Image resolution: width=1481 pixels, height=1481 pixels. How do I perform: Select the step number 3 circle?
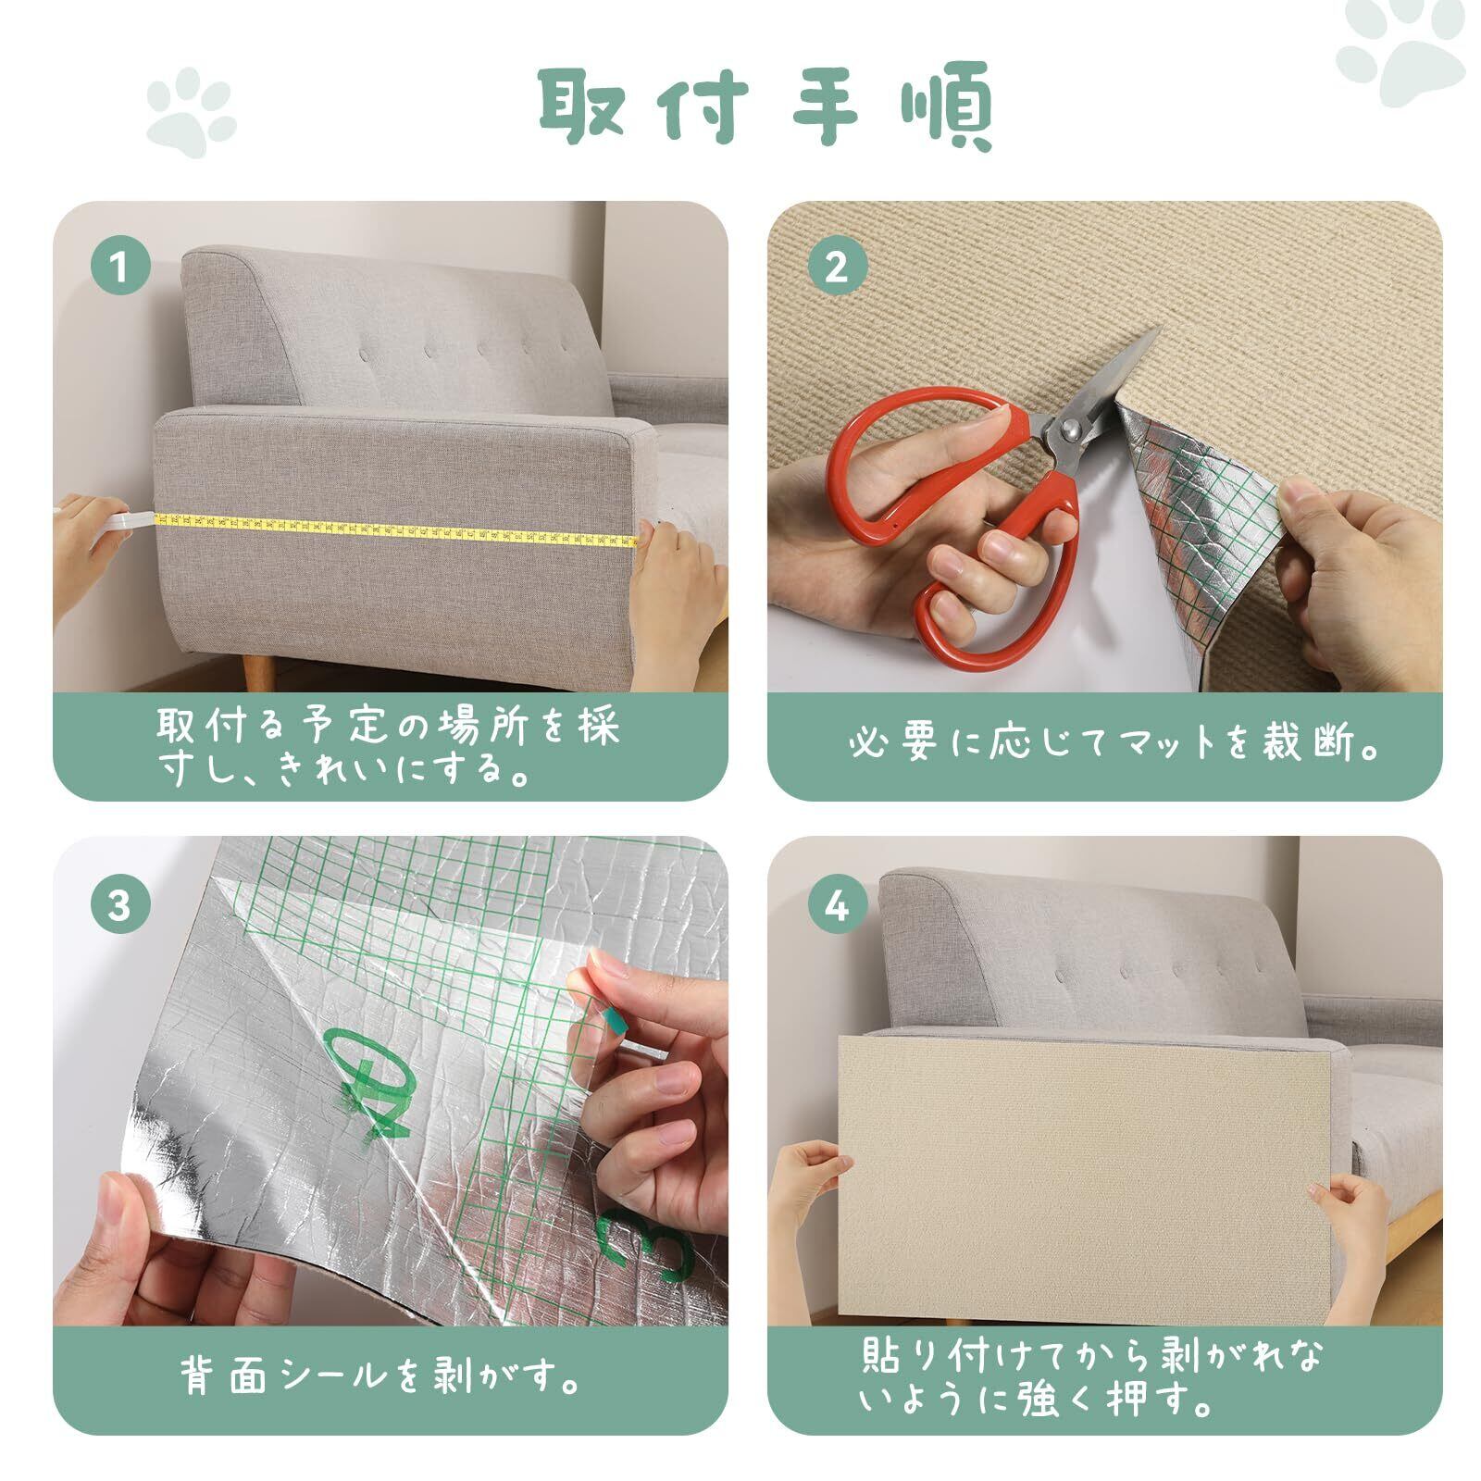(120, 904)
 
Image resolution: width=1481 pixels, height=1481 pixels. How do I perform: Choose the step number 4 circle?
(837, 904)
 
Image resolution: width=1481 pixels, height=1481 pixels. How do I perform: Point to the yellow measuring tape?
(398, 532)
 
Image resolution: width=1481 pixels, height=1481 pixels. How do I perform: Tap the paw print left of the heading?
(189, 117)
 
